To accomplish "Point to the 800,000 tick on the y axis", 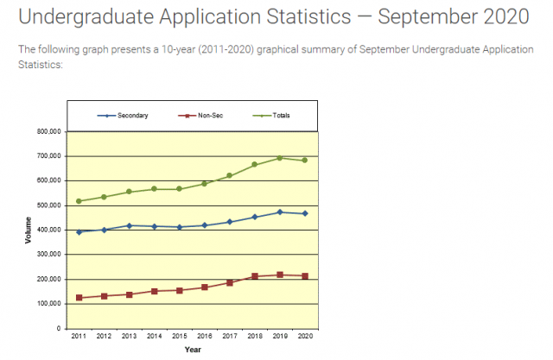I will (49, 131).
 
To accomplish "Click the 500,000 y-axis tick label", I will (49, 205).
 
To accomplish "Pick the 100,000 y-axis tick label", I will (49, 304).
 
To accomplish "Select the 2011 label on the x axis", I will (79, 336).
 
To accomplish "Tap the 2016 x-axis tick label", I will (205, 336).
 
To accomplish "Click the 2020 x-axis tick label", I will (305, 336).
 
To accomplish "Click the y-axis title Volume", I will (29, 231).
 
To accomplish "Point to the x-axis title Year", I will (192, 349).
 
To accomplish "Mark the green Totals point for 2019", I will (280, 158).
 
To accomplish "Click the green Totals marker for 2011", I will (79, 201).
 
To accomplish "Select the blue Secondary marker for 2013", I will (129, 225).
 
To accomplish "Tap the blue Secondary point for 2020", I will (305, 213).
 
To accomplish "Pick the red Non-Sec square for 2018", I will (255, 276).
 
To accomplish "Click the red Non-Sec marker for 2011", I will (79, 298).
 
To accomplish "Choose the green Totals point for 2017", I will (230, 175).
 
